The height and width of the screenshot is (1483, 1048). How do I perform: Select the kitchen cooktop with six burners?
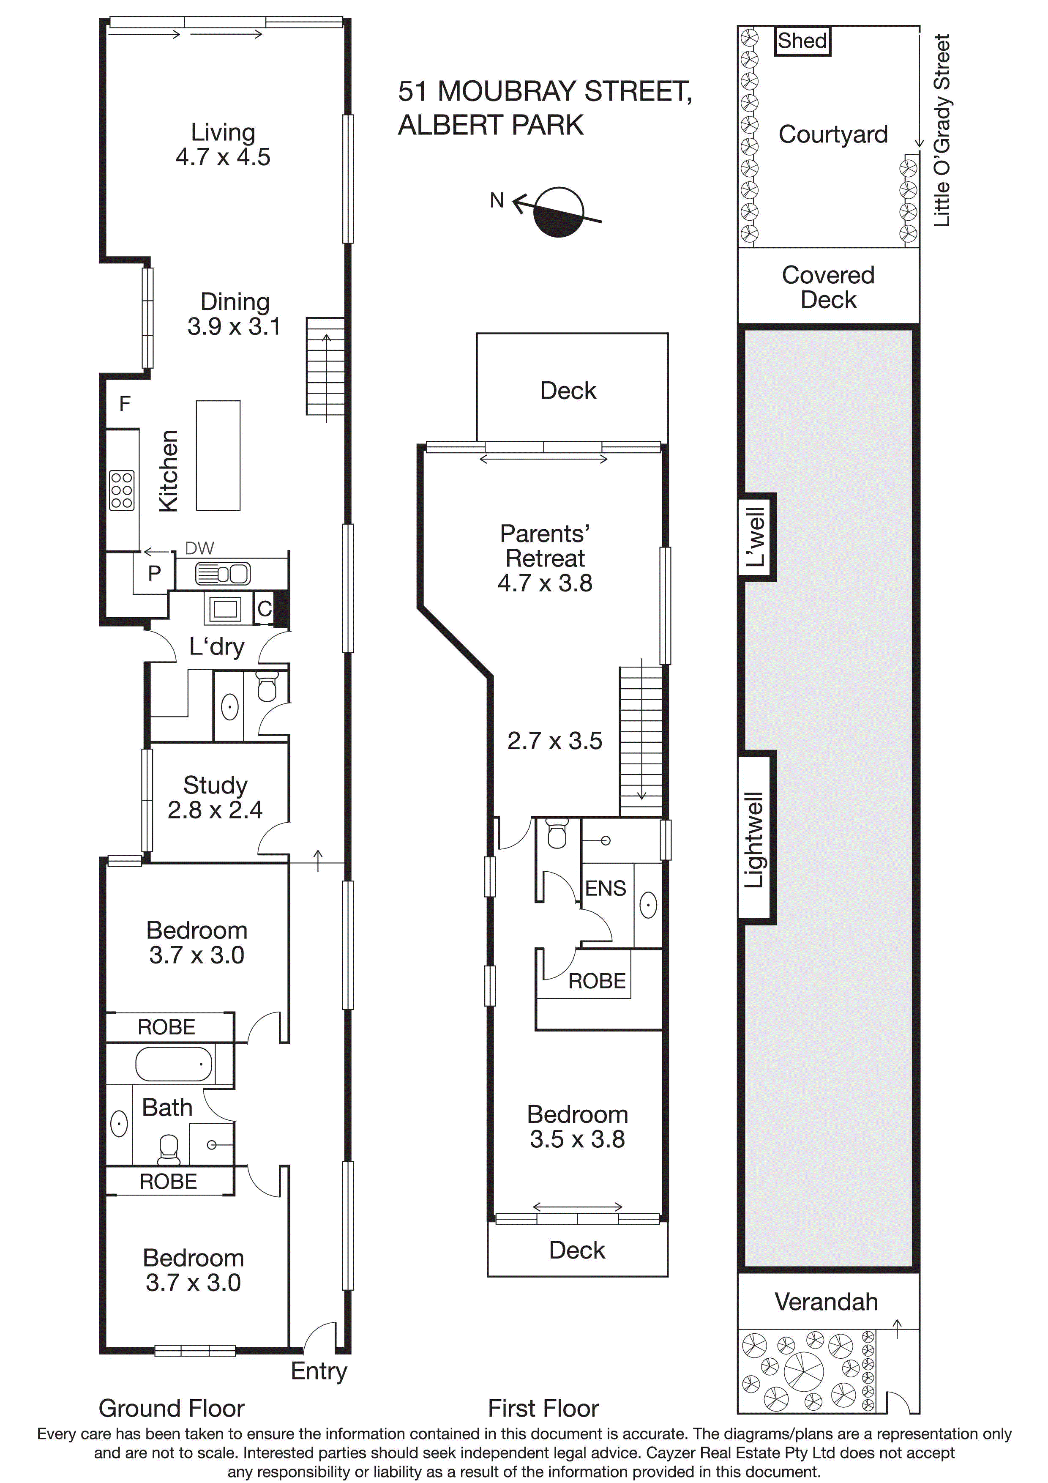pos(122,491)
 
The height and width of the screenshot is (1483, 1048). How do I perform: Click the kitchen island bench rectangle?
pos(218,455)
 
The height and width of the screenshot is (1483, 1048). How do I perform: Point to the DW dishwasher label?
pos(199,548)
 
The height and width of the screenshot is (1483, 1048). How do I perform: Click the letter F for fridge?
pos(125,404)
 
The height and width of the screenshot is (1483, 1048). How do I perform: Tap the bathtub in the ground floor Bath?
pos(174,1064)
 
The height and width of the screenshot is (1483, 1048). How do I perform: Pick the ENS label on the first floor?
pos(605,888)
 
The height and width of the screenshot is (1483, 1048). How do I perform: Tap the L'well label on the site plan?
pos(756,537)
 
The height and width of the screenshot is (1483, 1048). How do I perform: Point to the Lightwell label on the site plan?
pos(754,839)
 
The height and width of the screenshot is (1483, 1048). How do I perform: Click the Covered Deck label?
pos(828,287)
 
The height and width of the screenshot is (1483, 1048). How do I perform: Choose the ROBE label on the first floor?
pos(597,981)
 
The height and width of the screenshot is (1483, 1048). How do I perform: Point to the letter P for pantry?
pos(154,573)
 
